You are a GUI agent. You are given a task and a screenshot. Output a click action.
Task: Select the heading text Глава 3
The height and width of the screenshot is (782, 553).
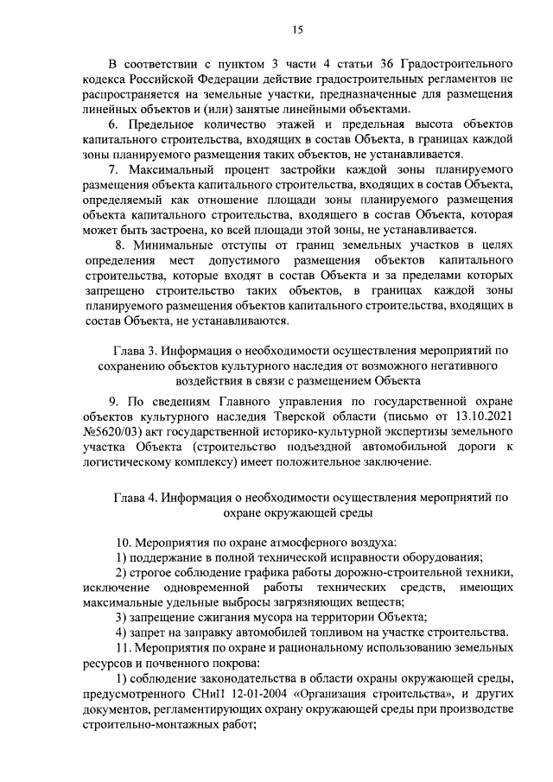tap(142, 350)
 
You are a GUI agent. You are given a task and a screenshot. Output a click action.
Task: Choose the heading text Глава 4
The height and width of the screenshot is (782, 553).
tap(142, 499)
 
